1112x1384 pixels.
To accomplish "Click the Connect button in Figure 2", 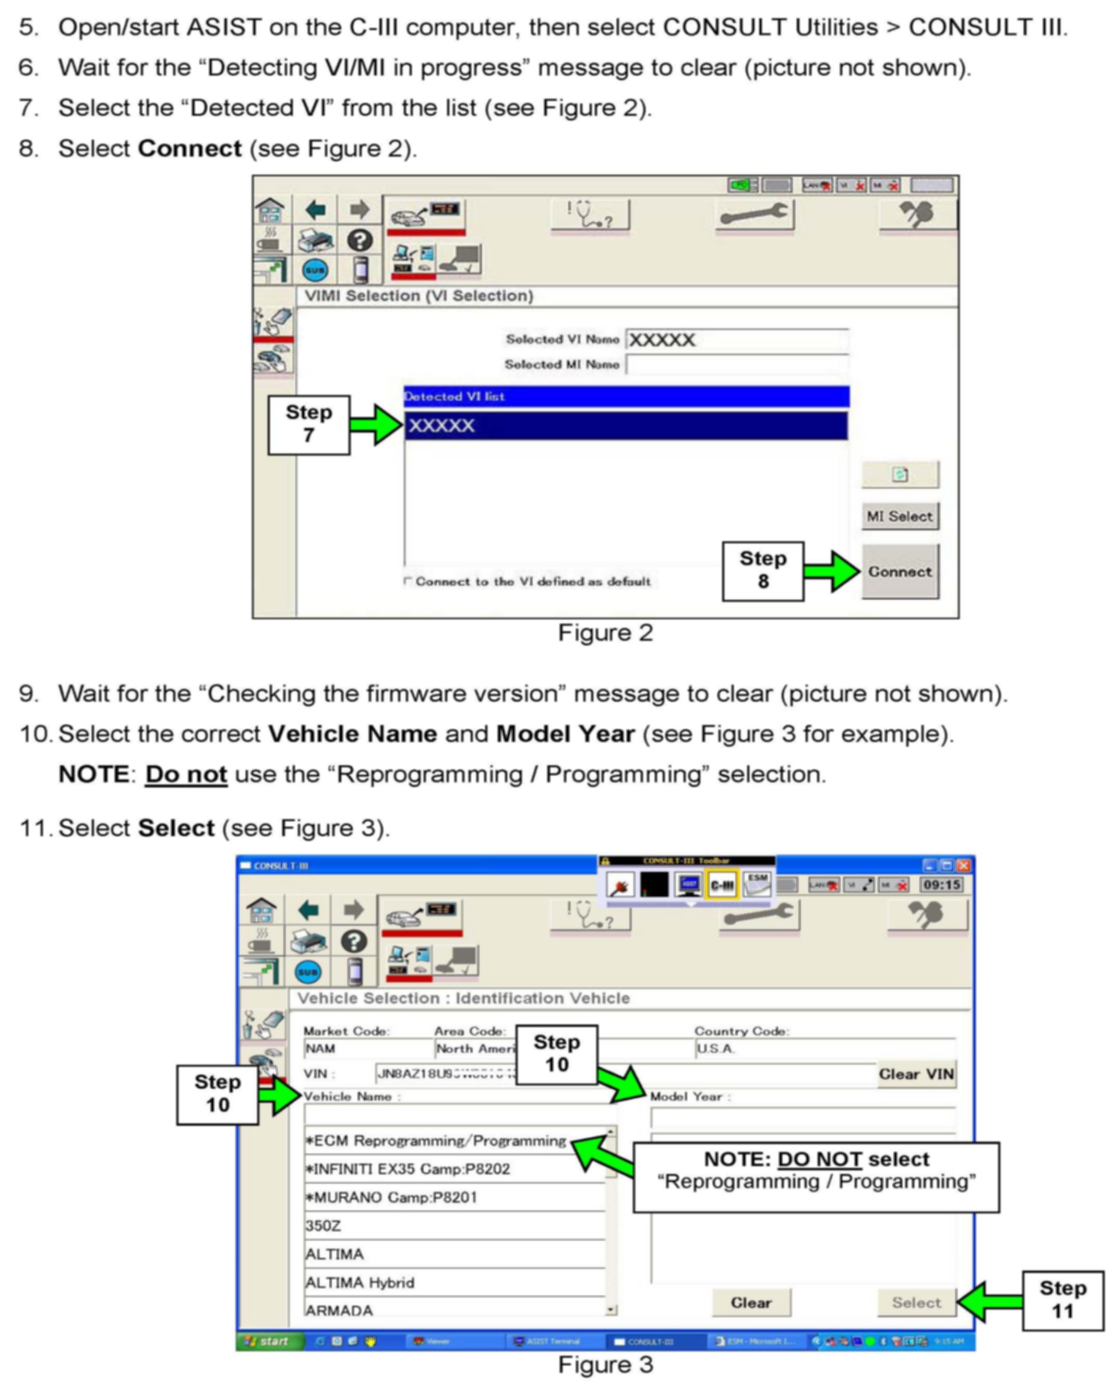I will (x=900, y=571).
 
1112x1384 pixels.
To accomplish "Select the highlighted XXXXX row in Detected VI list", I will (x=626, y=426).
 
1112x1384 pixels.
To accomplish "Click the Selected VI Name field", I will (x=737, y=340).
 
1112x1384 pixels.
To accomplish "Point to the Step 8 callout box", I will (x=763, y=571).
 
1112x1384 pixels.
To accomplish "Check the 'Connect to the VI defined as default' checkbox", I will (x=407, y=581).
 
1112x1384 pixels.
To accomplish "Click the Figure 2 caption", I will (x=605, y=633).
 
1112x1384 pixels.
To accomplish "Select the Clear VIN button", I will (x=916, y=1074).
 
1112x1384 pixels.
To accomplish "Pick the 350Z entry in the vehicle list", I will (x=323, y=1225).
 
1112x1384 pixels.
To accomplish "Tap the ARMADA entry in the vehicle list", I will (x=339, y=1310).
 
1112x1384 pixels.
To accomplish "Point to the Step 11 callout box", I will (x=1062, y=1300).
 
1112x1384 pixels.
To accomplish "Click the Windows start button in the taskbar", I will (x=268, y=1341).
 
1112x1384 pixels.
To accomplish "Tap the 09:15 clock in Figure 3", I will (x=941, y=885).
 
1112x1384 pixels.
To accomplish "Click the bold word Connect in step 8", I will (x=190, y=148).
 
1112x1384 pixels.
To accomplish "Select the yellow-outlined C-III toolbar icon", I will (x=722, y=885).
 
